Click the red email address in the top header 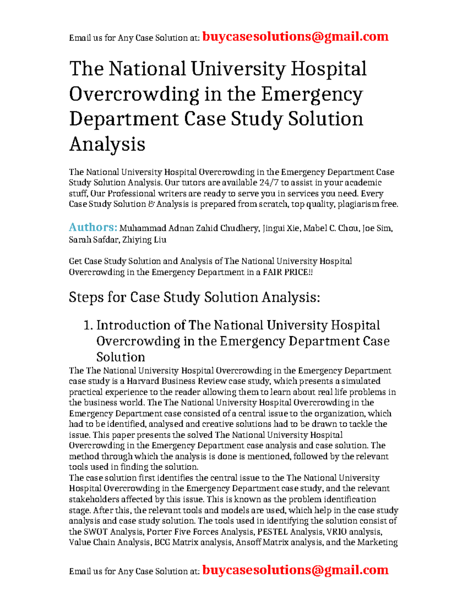tap(295, 37)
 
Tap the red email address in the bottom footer tap(295, 570)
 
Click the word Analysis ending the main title tap(107, 144)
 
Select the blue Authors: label tap(93, 227)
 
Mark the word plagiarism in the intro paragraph tap(358, 204)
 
